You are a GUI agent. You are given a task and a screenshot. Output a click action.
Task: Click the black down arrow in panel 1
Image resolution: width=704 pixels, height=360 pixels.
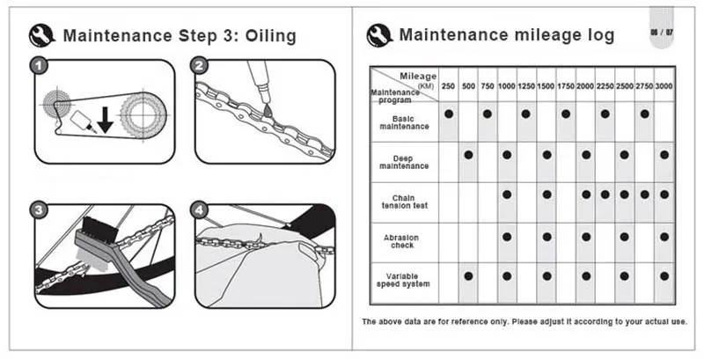tap(105, 119)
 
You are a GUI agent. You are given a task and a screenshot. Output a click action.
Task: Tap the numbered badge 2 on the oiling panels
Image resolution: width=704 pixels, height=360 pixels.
tap(199, 65)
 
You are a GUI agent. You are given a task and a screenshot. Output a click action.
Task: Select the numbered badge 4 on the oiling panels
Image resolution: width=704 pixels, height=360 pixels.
tap(199, 210)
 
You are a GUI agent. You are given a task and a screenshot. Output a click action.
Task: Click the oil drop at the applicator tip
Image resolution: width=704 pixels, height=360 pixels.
tap(268, 109)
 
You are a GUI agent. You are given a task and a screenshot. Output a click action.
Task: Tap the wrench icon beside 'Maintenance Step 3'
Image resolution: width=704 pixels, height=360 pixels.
tap(41, 35)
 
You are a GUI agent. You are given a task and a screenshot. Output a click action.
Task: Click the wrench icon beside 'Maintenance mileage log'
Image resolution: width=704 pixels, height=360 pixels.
tap(379, 35)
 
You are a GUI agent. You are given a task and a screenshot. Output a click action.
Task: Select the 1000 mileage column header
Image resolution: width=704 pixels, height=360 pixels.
tap(507, 86)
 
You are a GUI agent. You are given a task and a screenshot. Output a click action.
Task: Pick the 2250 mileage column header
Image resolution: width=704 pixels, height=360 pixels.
tap(605, 86)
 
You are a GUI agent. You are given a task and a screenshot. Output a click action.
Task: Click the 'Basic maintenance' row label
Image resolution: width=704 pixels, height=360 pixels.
tap(404, 122)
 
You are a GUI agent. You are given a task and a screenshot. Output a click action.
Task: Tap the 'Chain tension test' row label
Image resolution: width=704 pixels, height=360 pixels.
tap(405, 202)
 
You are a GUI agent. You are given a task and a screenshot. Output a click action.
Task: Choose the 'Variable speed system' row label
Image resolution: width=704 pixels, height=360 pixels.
tap(403, 280)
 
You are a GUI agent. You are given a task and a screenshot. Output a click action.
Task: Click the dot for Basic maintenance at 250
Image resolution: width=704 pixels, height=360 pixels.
tap(449, 114)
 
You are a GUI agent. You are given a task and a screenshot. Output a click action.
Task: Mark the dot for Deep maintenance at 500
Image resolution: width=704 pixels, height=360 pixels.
tap(468, 155)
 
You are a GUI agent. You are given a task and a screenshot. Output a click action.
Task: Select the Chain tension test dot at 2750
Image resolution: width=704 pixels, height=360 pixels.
tap(645, 195)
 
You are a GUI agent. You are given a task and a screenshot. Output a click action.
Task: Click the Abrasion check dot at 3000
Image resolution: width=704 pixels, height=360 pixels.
tap(664, 237)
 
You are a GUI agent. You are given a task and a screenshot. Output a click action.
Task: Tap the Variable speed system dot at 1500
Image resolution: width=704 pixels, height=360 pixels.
tap(546, 276)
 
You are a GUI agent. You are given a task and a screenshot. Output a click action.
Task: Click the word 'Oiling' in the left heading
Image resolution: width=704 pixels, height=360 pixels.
tap(270, 36)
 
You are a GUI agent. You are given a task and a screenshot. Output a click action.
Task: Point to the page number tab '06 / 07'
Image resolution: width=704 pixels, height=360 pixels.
tap(662, 33)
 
